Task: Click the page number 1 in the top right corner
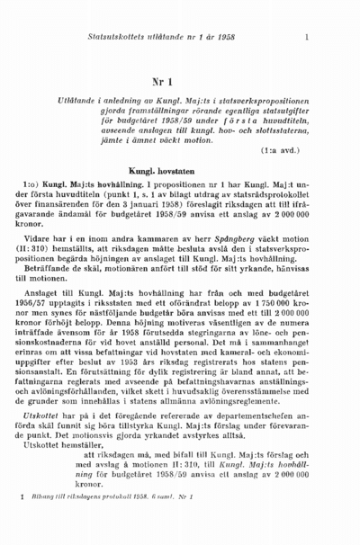pyautogui.click(x=307, y=37)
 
